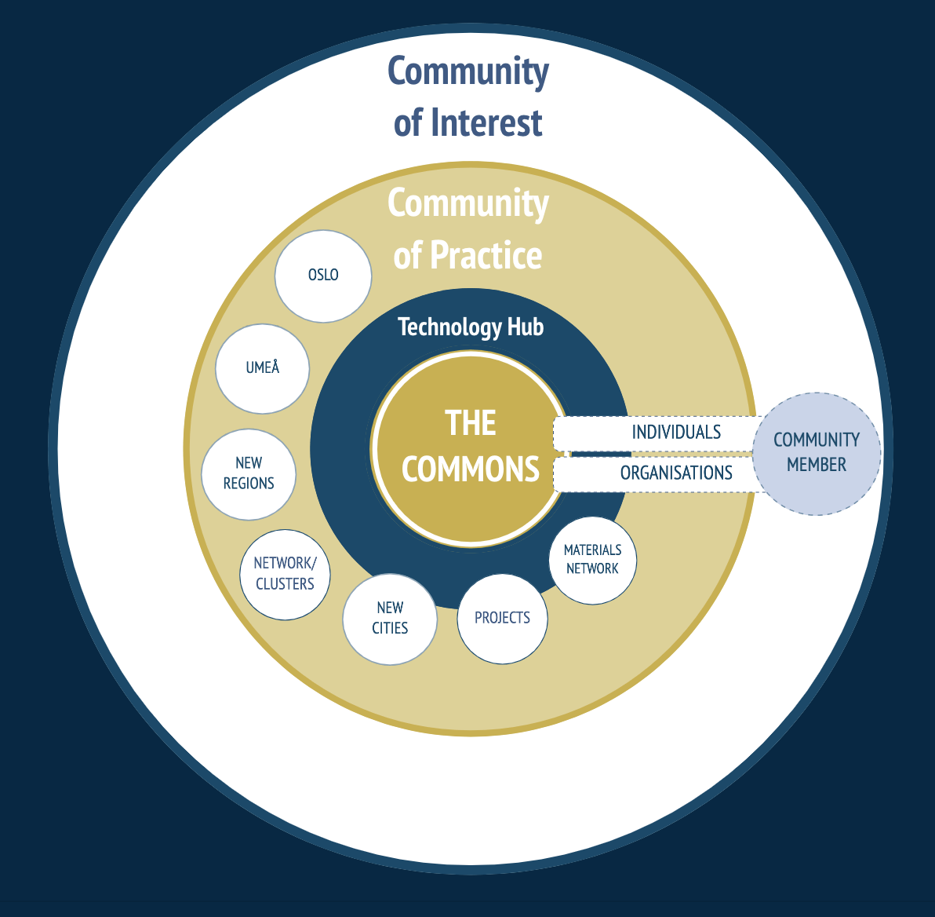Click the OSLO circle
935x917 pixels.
click(x=323, y=276)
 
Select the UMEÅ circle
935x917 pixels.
click(x=263, y=367)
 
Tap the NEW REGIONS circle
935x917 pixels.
click(x=249, y=473)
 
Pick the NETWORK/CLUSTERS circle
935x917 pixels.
click(x=285, y=574)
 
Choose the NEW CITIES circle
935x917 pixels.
click(x=390, y=619)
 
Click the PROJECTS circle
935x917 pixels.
click(x=502, y=618)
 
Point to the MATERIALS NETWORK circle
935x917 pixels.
click(x=592, y=559)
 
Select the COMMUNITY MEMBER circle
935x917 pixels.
click(x=817, y=453)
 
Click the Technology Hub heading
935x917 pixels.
click(x=470, y=327)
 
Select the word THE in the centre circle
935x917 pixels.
click(x=471, y=423)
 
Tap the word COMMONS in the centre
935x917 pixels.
click(x=470, y=469)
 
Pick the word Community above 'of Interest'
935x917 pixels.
click(x=468, y=71)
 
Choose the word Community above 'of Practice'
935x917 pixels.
click(x=468, y=203)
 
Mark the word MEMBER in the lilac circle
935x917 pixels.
click(x=817, y=465)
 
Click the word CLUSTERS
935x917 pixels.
click(x=285, y=584)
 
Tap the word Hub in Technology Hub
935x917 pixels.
click(x=526, y=327)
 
